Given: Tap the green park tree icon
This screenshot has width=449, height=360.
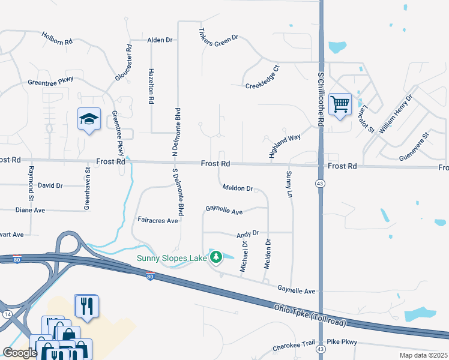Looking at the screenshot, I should pyautogui.click(x=216, y=257).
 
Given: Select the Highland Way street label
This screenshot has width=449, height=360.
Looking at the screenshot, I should pyautogui.click(x=285, y=145).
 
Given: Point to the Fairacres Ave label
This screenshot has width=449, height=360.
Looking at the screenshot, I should pyautogui.click(x=158, y=221).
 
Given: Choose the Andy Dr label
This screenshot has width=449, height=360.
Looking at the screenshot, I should pyautogui.click(x=247, y=233).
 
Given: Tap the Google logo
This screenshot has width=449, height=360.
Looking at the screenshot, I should pyautogui.click(x=20, y=353).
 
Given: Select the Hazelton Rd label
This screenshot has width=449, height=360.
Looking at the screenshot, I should pyautogui.click(x=151, y=84).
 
